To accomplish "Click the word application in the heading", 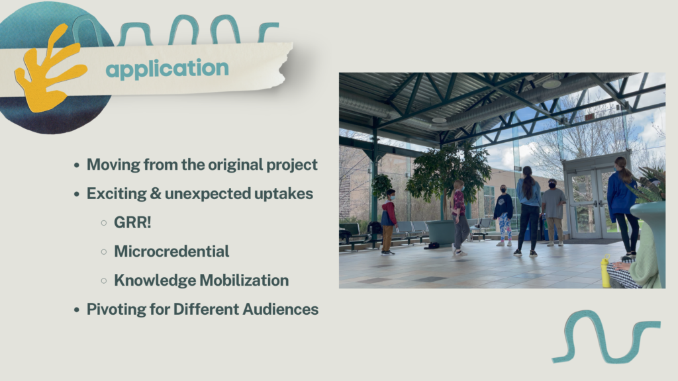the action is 167,69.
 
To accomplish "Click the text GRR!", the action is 132,222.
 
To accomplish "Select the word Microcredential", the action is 171,251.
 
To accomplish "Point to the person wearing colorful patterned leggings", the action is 504,215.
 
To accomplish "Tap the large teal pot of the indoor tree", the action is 440,233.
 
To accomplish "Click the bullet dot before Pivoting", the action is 77,310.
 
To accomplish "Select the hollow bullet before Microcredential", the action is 104,252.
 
